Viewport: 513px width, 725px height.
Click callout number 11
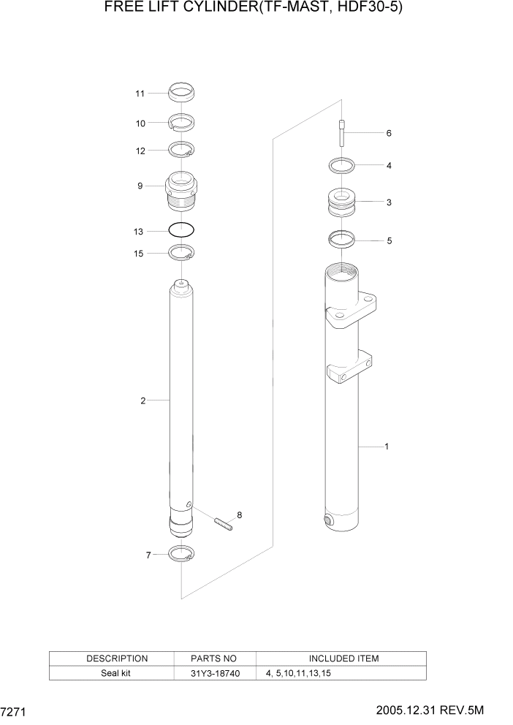point(140,94)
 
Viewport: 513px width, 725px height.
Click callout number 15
point(139,253)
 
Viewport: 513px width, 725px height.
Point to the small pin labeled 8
point(224,523)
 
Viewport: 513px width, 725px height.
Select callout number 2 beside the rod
point(143,400)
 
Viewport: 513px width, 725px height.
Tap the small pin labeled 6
point(341,134)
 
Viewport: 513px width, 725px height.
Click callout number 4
point(389,166)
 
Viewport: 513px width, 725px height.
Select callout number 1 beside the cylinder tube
point(386,446)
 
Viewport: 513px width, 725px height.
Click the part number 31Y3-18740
point(214,673)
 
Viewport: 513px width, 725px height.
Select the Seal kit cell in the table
point(117,673)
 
